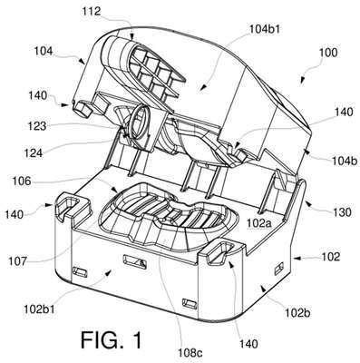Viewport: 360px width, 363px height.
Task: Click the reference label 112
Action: (x=91, y=12)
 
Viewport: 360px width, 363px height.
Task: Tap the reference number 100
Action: (x=328, y=53)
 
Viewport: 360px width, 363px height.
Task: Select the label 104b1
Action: (x=265, y=29)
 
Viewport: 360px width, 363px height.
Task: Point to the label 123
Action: (x=37, y=126)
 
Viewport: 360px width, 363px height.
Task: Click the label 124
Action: (x=34, y=153)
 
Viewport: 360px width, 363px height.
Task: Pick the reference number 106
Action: (x=22, y=181)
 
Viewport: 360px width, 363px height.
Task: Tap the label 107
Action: (x=17, y=260)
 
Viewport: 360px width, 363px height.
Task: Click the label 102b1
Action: (x=40, y=309)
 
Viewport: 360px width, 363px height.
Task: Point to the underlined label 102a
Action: (x=259, y=223)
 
